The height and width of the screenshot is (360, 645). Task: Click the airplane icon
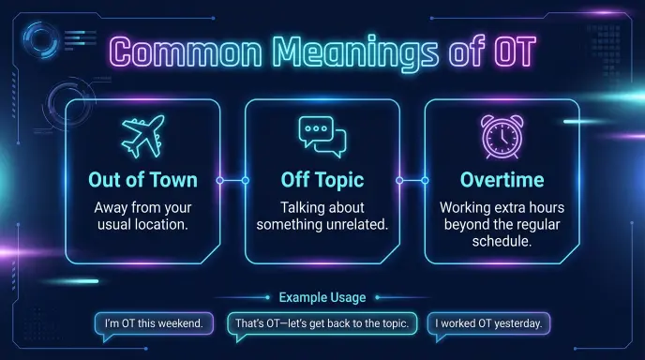143,137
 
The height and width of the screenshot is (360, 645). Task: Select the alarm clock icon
502,137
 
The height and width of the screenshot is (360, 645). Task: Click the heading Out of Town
142,180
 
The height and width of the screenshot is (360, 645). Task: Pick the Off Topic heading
322,180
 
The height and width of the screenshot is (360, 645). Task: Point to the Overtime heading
502,180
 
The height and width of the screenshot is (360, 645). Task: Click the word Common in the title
186,52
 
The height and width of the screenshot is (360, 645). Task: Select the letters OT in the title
516,52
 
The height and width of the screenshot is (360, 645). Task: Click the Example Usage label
322,297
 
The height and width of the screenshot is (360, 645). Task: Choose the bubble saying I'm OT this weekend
154,324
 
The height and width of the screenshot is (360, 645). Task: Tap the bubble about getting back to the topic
322,324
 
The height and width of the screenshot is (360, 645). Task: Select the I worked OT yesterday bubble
488,324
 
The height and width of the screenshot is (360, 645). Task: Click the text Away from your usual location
142,216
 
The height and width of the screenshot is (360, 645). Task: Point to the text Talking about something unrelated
322,216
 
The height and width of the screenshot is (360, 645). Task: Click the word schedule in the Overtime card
502,241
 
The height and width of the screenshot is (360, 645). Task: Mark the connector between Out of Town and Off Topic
232,180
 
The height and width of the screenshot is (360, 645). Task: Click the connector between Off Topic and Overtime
412,180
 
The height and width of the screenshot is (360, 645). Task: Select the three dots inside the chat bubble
316,128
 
